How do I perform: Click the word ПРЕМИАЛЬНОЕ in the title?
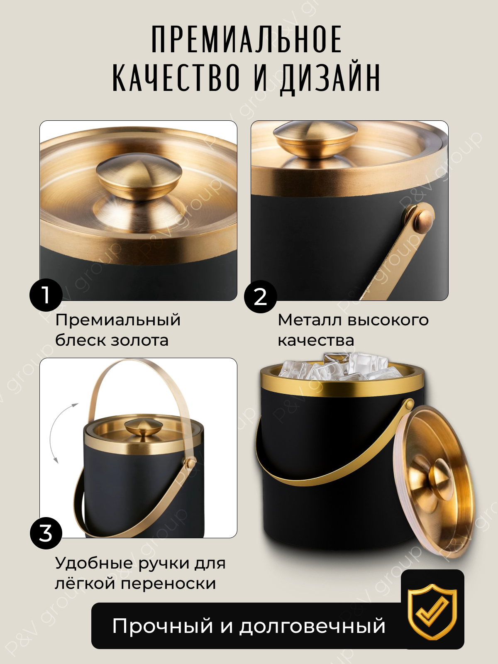pos(247,39)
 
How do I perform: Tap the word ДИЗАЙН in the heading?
pos(330,78)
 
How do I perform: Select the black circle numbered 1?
pos(46,295)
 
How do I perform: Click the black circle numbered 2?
pos(260,297)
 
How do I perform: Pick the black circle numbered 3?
pos(46,533)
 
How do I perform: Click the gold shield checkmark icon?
pos(432,611)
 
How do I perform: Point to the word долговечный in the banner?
pos(312,626)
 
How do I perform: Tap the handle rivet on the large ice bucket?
pos(410,404)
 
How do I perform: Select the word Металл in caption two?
pos(310,320)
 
